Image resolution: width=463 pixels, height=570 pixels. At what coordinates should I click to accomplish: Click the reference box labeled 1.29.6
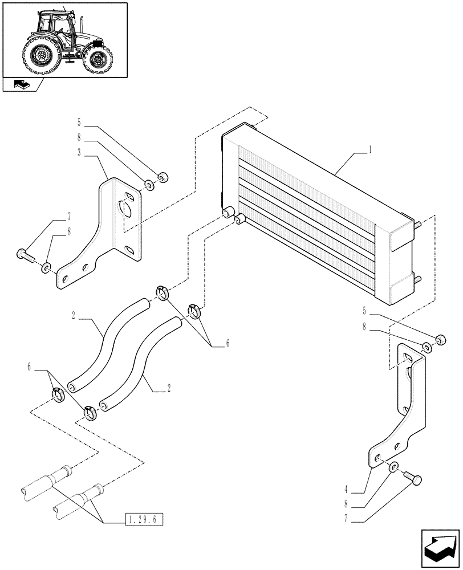point(143,519)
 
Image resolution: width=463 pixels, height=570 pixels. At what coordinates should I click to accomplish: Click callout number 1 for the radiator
point(371,150)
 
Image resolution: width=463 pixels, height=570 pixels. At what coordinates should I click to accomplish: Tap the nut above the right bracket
point(440,340)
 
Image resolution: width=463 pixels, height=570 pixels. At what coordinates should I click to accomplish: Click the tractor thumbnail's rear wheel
point(42,57)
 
